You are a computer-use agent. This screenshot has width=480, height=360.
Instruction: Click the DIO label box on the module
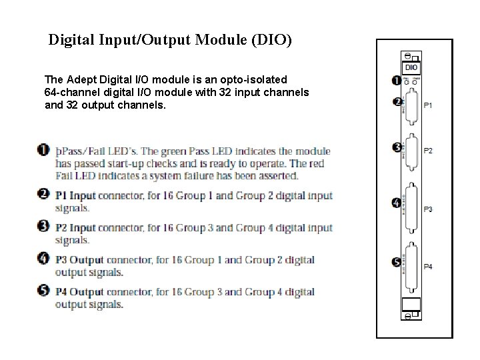pyautogui.click(x=411, y=67)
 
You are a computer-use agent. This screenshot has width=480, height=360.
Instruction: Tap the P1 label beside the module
pyautogui.click(x=428, y=105)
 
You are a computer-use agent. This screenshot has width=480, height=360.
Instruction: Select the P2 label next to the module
pyautogui.click(x=428, y=151)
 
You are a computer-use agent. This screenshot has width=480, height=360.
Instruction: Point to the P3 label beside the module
pyautogui.click(x=428, y=209)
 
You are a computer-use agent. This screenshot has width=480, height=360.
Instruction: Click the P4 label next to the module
pyautogui.click(x=428, y=267)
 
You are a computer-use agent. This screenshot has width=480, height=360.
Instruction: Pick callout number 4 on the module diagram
pyautogui.click(x=396, y=203)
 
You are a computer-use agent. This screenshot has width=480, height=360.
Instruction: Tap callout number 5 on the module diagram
pyautogui.click(x=396, y=262)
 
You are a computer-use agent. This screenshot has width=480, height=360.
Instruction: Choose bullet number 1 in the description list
pyautogui.click(x=43, y=151)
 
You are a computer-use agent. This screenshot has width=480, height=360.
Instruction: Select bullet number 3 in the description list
pyautogui.click(x=43, y=227)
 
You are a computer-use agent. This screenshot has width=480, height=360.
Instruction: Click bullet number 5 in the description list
pyautogui.click(x=43, y=291)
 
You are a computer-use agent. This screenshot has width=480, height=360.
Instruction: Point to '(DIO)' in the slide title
pyautogui.click(x=271, y=40)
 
